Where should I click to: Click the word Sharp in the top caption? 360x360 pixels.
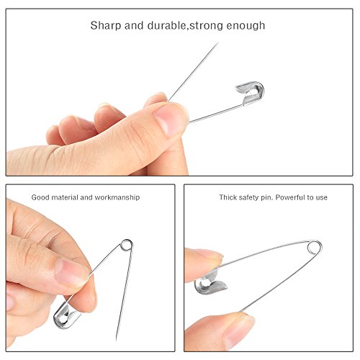tap(104, 26)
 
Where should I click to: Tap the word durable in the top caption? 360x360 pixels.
tap(163, 26)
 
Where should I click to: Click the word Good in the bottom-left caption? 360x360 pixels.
tap(41, 197)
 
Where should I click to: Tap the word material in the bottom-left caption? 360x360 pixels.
tap(67, 197)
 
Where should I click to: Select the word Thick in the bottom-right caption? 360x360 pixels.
tap(228, 197)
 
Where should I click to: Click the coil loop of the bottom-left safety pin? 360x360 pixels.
tap(127, 246)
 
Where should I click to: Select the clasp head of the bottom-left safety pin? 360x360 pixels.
tap(65, 312)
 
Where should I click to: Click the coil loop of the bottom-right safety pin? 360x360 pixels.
tap(314, 248)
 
